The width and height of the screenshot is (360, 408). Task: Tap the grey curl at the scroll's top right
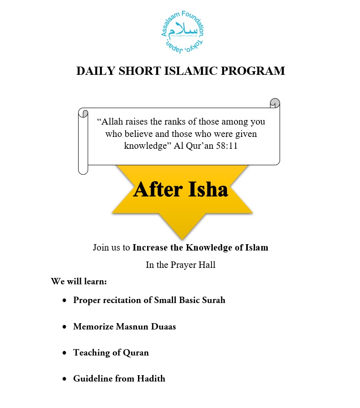point(275,102)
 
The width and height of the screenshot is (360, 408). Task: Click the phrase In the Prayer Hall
point(180,265)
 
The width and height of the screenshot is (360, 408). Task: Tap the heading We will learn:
point(79,281)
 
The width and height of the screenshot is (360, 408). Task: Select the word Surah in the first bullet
point(212,300)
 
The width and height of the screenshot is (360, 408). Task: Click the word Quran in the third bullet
point(136,352)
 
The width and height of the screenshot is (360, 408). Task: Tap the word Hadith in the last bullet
point(151,378)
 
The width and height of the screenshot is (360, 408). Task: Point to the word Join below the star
point(101,248)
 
